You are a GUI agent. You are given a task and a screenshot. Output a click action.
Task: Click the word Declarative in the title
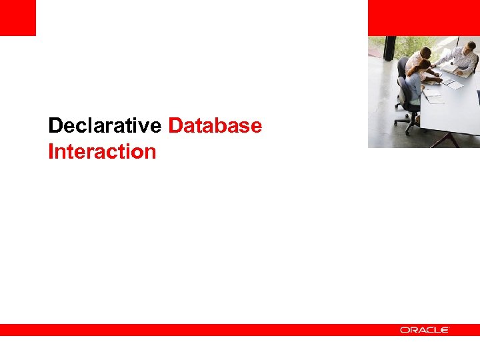point(105,125)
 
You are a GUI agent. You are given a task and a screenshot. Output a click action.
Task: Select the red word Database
point(215,125)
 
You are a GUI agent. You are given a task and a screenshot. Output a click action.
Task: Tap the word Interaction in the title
point(102,152)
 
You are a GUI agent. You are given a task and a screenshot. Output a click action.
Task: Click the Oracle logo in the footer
point(425,330)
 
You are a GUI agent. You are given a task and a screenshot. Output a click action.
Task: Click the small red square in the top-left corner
point(17,17)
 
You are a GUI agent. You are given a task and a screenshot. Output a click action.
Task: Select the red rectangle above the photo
point(423,17)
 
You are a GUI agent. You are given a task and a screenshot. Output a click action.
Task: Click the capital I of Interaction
point(51,152)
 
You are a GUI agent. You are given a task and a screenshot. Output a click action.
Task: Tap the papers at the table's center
point(452,83)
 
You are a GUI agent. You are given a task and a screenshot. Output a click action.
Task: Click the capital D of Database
point(176,125)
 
